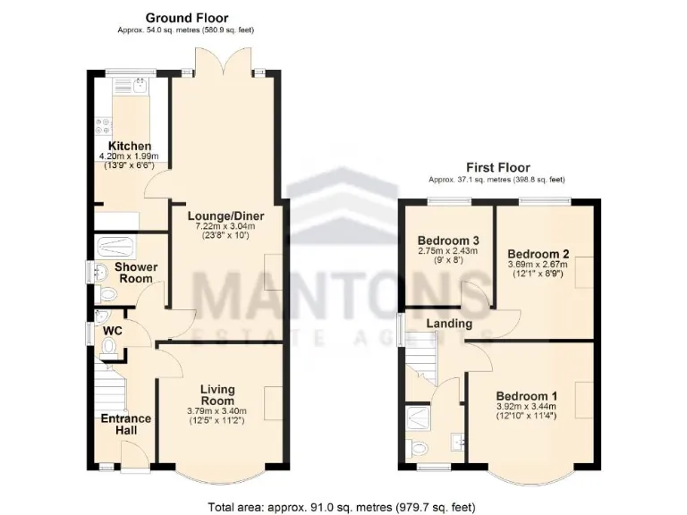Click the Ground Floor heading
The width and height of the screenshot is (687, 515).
coord(186,17)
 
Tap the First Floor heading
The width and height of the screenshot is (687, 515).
coord(497,167)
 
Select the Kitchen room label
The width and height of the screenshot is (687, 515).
coord(130,147)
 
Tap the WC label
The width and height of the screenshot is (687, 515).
coord(112,331)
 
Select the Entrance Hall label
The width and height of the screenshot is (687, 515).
coord(125,425)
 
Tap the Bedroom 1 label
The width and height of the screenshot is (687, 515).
coord(527,396)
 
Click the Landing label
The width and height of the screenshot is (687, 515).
coord(449,323)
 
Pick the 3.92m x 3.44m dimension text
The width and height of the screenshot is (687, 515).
coord(527,408)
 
